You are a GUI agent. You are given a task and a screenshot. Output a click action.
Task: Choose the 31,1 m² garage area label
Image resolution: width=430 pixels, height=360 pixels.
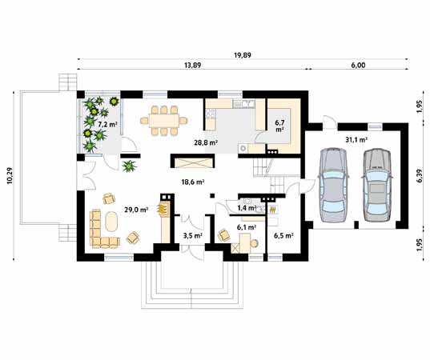356,140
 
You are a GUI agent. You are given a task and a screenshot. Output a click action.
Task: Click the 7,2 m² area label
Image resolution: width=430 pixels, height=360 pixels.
107,126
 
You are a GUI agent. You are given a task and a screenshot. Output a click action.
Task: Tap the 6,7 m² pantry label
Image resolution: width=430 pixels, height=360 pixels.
279,124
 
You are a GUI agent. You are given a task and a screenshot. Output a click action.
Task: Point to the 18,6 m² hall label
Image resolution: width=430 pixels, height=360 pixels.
193,182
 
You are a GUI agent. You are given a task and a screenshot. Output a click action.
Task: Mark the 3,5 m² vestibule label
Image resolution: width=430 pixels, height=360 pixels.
192,236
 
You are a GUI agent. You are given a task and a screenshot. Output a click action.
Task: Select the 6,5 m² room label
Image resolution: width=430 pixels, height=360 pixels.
283,236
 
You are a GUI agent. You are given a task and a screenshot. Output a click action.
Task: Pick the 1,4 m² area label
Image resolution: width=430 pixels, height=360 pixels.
247,208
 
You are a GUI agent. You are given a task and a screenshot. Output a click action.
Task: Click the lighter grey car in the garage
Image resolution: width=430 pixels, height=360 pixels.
332,186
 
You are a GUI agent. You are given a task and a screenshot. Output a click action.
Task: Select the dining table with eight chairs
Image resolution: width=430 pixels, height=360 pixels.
164,121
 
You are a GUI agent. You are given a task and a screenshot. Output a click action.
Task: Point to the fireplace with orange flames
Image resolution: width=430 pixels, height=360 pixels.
164,210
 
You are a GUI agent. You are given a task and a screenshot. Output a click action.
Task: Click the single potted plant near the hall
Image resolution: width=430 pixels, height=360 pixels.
128,166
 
